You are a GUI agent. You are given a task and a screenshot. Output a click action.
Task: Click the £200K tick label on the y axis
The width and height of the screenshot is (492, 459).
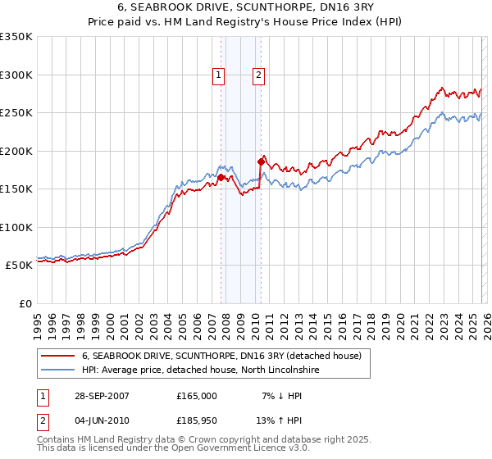point(16,151)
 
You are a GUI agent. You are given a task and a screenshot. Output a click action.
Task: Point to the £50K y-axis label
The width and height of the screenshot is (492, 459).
point(18,266)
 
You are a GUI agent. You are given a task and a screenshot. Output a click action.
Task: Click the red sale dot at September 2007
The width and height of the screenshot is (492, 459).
point(221,177)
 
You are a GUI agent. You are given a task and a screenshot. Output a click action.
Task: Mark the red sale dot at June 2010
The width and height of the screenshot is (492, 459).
point(261,161)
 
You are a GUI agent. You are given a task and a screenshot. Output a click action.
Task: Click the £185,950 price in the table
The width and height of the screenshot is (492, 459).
point(197,421)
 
